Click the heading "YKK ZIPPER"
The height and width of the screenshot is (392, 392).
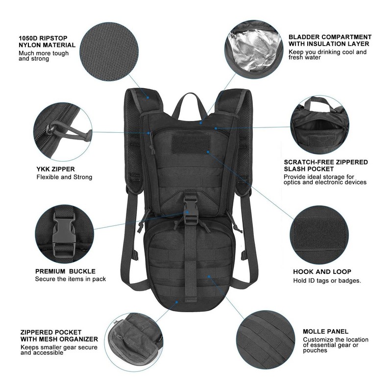tap(55, 170)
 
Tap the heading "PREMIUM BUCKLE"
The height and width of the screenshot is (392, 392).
tap(65, 271)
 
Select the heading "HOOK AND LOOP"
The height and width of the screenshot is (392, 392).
tap(322, 272)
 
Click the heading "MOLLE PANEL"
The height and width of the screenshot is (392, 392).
tap(325, 332)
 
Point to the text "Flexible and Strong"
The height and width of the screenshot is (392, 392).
tap(64, 177)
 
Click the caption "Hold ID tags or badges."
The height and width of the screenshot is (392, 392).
tap(327, 281)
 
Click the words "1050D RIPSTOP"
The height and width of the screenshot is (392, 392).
tap(43, 38)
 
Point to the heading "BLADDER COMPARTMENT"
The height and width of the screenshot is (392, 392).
tap(330, 37)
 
